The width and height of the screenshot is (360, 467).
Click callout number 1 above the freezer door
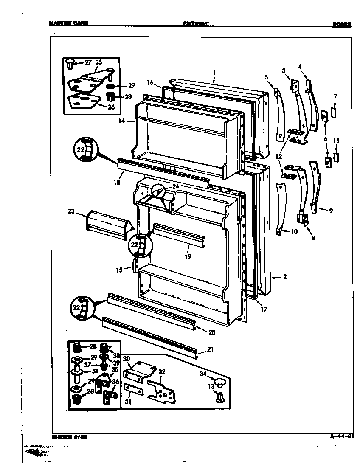pyautogui.click(x=215, y=72)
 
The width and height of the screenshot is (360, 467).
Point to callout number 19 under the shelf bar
pyautogui.click(x=188, y=256)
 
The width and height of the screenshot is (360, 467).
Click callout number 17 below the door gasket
pyautogui.click(x=264, y=309)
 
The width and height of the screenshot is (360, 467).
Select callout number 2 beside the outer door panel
pyautogui.click(x=284, y=277)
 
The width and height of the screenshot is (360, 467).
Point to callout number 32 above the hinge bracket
pyautogui.click(x=162, y=371)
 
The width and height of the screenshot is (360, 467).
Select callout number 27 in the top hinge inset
pyautogui.click(x=88, y=62)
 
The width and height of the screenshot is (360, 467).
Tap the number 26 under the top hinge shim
pyautogui.click(x=111, y=107)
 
